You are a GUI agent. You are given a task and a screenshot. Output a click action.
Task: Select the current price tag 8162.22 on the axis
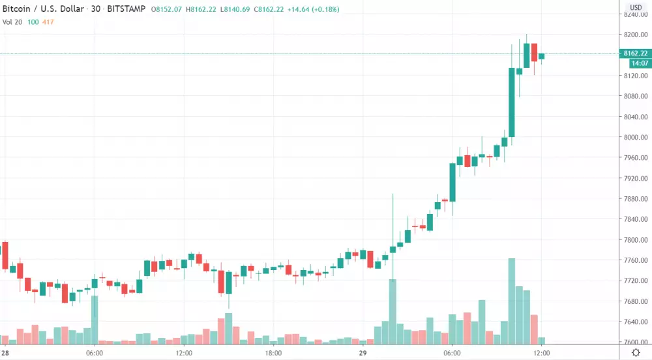point(635,53)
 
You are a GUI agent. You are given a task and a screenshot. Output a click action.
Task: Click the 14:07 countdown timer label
point(638,63)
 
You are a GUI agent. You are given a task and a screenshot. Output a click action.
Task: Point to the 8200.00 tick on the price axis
point(636,35)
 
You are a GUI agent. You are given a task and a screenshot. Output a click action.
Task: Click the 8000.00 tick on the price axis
point(636,138)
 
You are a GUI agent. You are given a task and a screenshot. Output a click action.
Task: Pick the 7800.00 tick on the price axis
point(636,240)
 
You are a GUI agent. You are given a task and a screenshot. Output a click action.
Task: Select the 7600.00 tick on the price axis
point(636,342)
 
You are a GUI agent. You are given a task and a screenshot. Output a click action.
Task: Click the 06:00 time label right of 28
point(95,353)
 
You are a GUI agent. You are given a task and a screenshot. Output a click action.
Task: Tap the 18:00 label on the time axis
point(273,353)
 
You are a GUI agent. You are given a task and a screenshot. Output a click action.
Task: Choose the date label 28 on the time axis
point(5,353)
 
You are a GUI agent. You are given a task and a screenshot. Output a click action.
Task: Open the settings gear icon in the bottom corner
point(636,352)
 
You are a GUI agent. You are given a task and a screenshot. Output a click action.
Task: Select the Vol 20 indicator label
point(13,22)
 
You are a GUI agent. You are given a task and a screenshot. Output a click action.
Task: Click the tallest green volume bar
point(512,300)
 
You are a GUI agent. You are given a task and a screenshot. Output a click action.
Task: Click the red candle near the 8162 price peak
point(534,52)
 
